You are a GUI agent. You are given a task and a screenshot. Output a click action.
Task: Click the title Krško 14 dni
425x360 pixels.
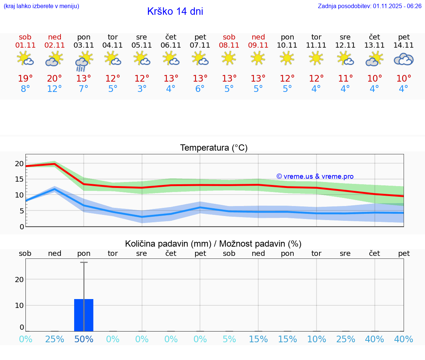175,11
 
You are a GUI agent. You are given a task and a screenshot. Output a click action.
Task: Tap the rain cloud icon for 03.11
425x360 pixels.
84,61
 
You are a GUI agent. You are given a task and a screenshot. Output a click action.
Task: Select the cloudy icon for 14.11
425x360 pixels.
404,59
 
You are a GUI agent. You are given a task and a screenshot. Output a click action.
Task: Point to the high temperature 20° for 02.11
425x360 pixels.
55,79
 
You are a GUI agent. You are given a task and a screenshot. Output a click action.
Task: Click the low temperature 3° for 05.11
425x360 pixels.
142,89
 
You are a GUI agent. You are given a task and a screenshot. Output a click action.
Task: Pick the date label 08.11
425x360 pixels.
229,45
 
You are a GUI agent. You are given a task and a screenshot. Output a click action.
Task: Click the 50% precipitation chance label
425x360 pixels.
84,339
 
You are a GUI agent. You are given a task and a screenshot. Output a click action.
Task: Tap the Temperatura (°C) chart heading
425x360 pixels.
214,148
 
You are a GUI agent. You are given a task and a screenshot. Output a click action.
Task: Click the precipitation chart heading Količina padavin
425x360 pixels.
213,244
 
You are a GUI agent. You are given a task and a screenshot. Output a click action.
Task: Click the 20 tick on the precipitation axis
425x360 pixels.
19,280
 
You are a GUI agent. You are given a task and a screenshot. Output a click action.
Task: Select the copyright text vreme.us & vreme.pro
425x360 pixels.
315,176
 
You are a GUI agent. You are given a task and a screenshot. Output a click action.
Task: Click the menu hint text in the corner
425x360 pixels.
41,6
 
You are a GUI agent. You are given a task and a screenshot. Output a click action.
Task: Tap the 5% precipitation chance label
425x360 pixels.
229,339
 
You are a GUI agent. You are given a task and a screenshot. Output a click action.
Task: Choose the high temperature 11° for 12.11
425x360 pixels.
345,79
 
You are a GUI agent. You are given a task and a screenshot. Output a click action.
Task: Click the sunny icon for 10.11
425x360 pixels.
287,58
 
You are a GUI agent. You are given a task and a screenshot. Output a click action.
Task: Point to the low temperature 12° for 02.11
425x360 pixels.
55,89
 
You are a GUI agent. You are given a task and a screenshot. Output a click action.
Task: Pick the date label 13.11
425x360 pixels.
374,45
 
